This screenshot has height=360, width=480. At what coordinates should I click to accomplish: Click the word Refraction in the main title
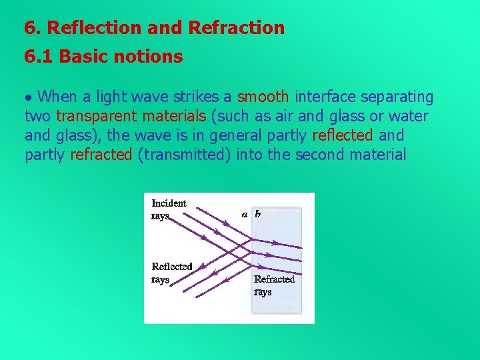tap(237, 28)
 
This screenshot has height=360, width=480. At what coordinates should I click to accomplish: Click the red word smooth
tap(263, 97)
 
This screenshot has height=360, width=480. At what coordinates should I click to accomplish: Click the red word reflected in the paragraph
tap(343, 136)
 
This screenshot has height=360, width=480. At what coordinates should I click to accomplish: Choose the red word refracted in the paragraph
tap(101, 155)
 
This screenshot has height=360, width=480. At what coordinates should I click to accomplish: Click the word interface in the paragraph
tap(322, 97)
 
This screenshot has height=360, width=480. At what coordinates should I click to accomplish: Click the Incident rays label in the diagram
tap(169, 209)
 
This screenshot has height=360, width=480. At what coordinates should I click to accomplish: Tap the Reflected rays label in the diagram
tap(171, 273)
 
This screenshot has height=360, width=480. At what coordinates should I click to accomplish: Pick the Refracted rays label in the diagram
tap(274, 285)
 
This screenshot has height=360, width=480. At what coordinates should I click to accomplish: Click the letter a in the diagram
tap(245, 214)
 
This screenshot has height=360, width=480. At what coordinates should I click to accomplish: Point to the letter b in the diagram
tap(258, 214)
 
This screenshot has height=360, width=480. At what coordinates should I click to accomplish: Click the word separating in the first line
tap(393, 97)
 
